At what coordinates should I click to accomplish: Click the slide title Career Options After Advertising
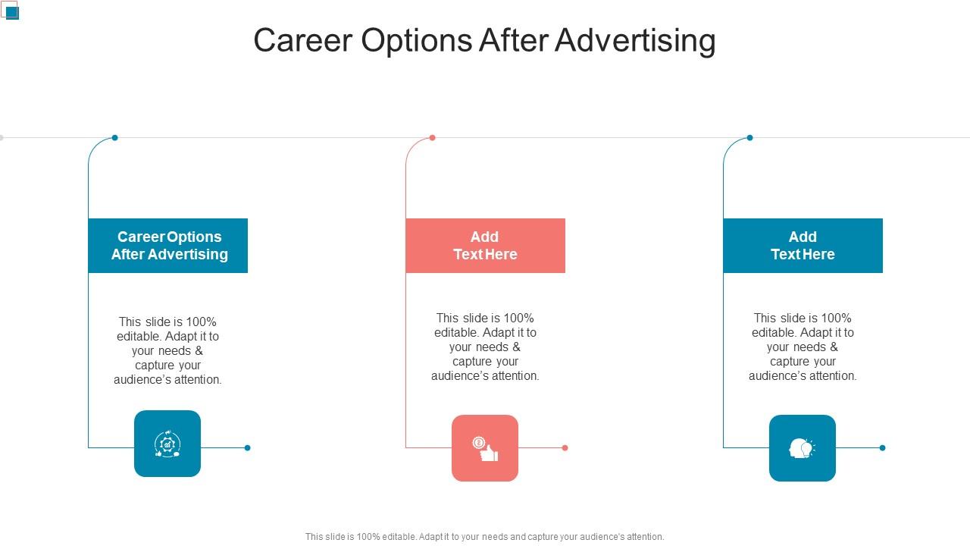[x=484, y=40]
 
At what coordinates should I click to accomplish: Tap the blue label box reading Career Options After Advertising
[x=168, y=246]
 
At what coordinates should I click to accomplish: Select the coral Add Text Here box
[x=486, y=246]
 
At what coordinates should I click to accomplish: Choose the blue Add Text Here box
[x=803, y=246]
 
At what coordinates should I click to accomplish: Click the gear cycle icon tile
[x=167, y=444]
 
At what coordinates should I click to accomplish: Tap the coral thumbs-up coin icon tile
[x=485, y=448]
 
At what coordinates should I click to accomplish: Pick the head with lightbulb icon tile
[x=803, y=448]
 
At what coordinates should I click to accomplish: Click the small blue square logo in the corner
[x=12, y=13]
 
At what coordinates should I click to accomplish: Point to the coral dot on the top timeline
[x=432, y=138]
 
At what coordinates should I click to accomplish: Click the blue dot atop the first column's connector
[x=114, y=138]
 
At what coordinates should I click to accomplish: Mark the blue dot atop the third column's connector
[x=749, y=138]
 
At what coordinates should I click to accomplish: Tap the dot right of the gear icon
[x=247, y=447]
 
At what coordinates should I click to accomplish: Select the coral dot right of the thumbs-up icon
[x=565, y=447]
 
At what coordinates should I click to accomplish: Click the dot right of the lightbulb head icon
[x=882, y=447]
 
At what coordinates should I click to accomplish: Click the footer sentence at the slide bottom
[x=484, y=536]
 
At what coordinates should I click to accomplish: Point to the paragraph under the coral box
[x=486, y=347]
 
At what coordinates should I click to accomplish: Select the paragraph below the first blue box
[x=168, y=350]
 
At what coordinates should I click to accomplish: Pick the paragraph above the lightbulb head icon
[x=803, y=347]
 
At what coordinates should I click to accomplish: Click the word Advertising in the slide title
[x=635, y=41]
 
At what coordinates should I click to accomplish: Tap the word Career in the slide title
[x=303, y=41]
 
